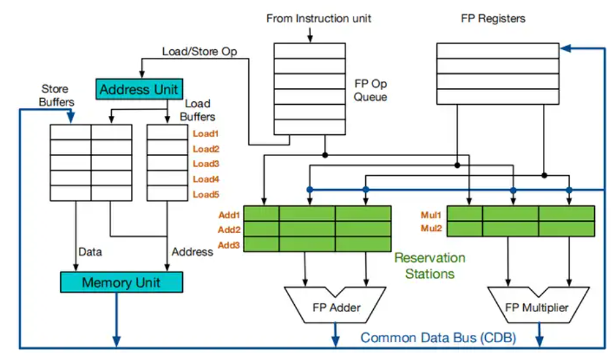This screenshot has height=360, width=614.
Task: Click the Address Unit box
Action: pos(138,89)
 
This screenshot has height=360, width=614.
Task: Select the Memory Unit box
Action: pos(121,283)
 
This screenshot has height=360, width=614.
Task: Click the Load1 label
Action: pos(205,134)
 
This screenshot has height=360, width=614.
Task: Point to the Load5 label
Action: pos(205,194)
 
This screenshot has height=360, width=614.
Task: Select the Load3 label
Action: pos(205,164)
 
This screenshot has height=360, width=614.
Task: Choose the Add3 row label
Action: pos(229,245)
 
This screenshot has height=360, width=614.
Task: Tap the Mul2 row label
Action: pos(432,230)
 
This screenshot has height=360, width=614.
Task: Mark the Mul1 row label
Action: pos(432,215)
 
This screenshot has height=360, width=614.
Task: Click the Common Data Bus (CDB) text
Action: pos(438,338)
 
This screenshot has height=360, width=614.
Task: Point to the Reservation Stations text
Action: pos(430,265)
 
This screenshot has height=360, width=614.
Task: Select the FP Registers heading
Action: pos(493,18)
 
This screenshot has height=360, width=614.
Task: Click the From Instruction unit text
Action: pos(319,18)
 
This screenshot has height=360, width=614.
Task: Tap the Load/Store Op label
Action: pos(199,51)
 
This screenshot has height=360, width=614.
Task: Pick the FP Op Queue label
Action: pos(371,90)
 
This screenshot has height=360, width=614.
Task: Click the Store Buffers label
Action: pos(56,95)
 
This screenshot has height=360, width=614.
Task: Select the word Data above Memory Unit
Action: pos(90,251)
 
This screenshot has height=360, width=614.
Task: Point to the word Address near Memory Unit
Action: pos(192,251)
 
